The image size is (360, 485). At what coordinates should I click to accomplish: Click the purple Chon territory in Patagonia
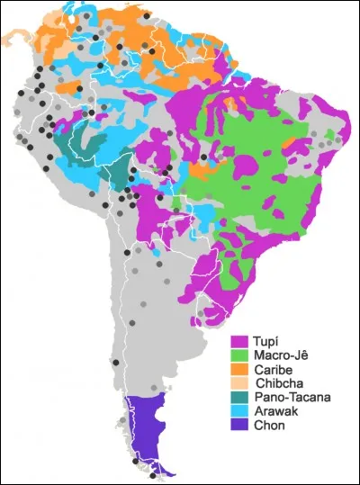(144, 423)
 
